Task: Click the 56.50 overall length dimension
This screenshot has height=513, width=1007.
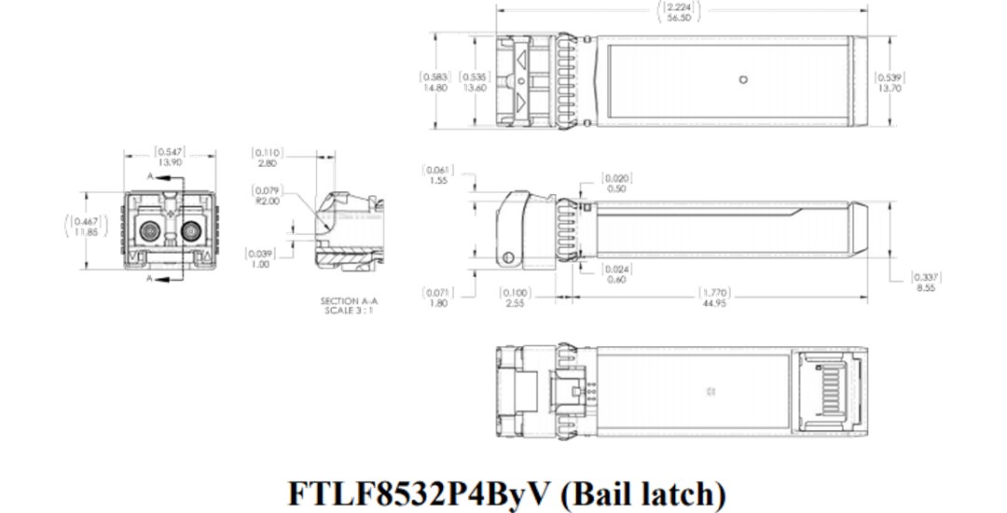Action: pyautogui.click(x=680, y=17)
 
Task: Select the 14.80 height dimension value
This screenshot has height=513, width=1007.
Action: pyautogui.click(x=435, y=88)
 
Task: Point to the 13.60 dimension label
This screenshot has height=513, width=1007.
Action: pyautogui.click(x=475, y=88)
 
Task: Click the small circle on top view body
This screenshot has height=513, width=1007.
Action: pyautogui.click(x=743, y=80)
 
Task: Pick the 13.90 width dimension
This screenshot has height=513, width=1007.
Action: pyautogui.click(x=170, y=161)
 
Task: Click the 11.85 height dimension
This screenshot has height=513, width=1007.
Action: pyautogui.click(x=84, y=231)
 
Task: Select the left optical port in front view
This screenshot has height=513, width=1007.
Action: pyautogui.click(x=149, y=230)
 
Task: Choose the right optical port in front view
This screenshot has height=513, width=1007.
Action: pyautogui.click(x=190, y=230)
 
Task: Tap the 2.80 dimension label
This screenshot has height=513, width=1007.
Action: pyautogui.click(x=268, y=162)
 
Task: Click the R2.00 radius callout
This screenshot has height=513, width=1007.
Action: pyautogui.click(x=268, y=201)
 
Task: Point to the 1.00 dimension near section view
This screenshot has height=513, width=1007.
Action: pyautogui.click(x=260, y=264)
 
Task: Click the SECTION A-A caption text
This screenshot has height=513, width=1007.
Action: pyautogui.click(x=350, y=301)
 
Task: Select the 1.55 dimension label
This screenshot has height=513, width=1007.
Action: pyautogui.click(x=438, y=181)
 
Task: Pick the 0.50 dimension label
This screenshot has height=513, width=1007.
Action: pyautogui.click(x=616, y=188)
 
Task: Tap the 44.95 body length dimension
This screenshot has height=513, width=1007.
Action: pyautogui.click(x=714, y=303)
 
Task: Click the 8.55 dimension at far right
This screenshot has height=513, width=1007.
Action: pyautogui.click(x=925, y=288)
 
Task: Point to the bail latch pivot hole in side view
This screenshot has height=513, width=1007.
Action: pyautogui.click(x=507, y=258)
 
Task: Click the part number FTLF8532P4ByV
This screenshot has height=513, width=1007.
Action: pyautogui.click(x=421, y=492)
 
